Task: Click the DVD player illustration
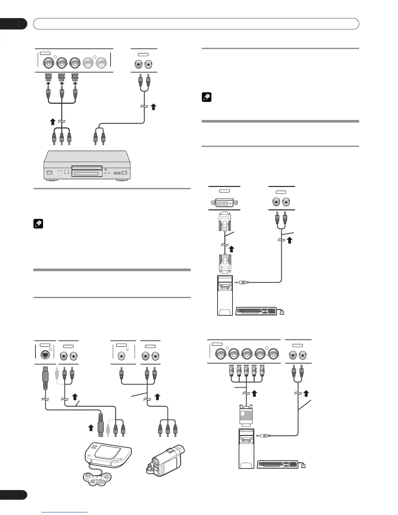click(x=87, y=166)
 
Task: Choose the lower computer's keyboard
click(x=278, y=464)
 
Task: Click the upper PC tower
click(x=225, y=295)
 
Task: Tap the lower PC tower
click(x=246, y=449)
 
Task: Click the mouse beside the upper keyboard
click(x=282, y=312)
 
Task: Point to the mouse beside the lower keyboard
click(x=303, y=466)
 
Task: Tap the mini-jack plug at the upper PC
click(x=244, y=283)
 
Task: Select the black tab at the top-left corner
click(x=13, y=24)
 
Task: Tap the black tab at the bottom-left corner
click(x=13, y=495)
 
